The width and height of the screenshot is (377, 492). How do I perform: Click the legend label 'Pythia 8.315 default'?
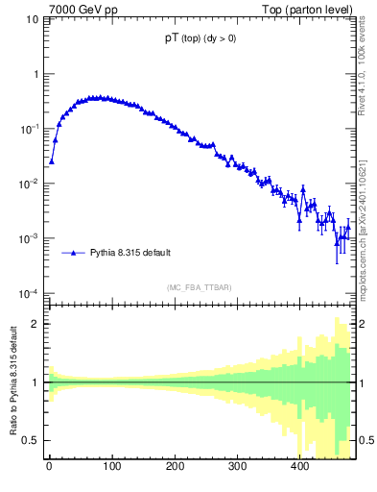(130, 253)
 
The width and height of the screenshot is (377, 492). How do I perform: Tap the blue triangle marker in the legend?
(73, 253)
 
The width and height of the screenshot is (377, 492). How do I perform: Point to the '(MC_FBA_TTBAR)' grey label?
(198, 287)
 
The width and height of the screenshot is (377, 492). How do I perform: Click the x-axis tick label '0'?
(48, 468)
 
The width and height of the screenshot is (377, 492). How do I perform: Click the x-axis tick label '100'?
(111, 468)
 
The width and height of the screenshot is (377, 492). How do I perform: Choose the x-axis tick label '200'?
(174, 468)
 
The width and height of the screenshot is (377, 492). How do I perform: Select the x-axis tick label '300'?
(237, 468)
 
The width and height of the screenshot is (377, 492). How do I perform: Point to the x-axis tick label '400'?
(299, 468)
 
